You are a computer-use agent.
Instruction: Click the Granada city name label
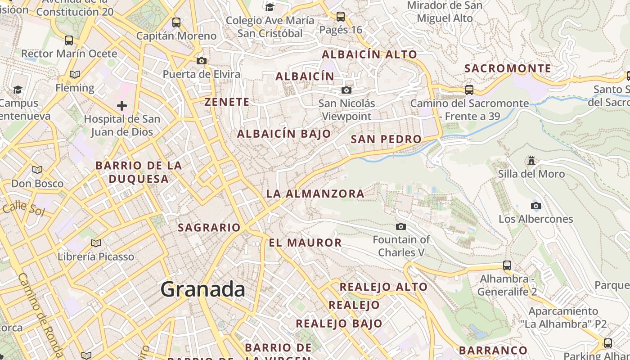203,289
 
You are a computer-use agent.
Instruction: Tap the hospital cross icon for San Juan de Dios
122,106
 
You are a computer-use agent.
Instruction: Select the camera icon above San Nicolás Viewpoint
346,90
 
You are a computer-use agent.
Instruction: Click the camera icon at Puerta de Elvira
201,61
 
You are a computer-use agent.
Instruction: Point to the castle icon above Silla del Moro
531,161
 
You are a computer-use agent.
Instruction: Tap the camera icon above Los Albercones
535,206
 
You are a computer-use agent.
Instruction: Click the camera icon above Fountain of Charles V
401,226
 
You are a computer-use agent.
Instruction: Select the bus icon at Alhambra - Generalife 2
507,265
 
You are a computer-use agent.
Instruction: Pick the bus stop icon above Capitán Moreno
176,22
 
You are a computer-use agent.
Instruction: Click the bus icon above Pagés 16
341,17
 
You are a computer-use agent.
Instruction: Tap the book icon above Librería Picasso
95,243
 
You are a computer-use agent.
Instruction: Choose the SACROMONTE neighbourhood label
508,68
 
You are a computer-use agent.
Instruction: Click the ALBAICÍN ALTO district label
369,54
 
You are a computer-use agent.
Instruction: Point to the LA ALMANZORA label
315,194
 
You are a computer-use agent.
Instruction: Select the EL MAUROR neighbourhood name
305,243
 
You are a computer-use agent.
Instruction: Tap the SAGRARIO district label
209,227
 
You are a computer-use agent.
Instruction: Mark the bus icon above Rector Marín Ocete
69,40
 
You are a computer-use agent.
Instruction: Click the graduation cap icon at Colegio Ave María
270,7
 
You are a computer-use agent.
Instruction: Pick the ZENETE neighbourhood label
227,102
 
